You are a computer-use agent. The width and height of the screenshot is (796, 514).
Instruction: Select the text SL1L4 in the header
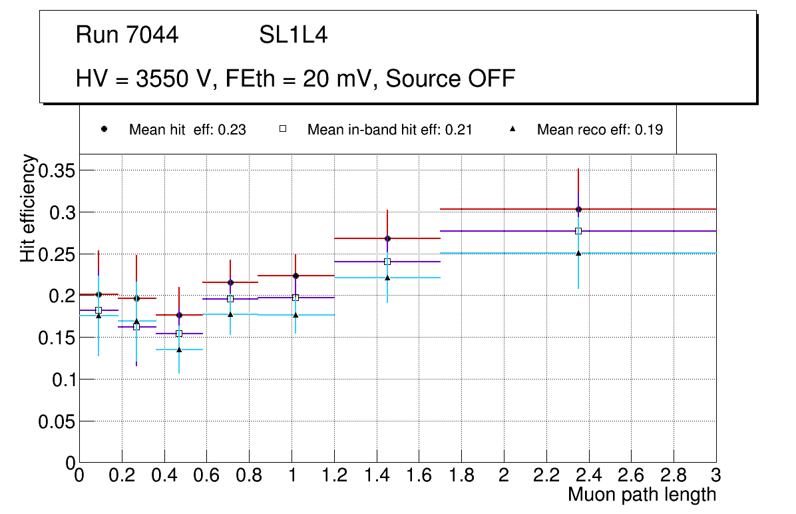point(293,35)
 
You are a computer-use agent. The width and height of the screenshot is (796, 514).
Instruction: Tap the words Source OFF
point(451,79)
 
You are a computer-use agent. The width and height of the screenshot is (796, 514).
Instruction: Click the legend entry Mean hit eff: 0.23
point(187,130)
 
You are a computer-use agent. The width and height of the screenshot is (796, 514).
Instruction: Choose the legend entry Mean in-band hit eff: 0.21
point(389,130)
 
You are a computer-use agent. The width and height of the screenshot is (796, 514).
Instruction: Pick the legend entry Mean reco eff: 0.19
point(600,130)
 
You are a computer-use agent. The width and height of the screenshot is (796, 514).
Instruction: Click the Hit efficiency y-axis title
point(28,208)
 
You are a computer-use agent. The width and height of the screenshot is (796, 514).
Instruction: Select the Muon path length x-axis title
point(642,495)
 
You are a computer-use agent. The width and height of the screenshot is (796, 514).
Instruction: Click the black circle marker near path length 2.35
point(578,209)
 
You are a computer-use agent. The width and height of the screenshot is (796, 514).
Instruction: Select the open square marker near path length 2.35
point(578,231)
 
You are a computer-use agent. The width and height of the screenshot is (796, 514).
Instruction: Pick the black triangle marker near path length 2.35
point(578,253)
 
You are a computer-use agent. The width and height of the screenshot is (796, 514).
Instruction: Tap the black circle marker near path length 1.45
point(387,238)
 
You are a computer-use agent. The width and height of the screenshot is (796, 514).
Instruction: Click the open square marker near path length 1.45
point(387,262)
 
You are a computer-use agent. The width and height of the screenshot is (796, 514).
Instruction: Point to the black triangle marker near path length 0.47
point(179,350)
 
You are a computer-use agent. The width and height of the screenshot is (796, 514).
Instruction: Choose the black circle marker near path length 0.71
point(230,282)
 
